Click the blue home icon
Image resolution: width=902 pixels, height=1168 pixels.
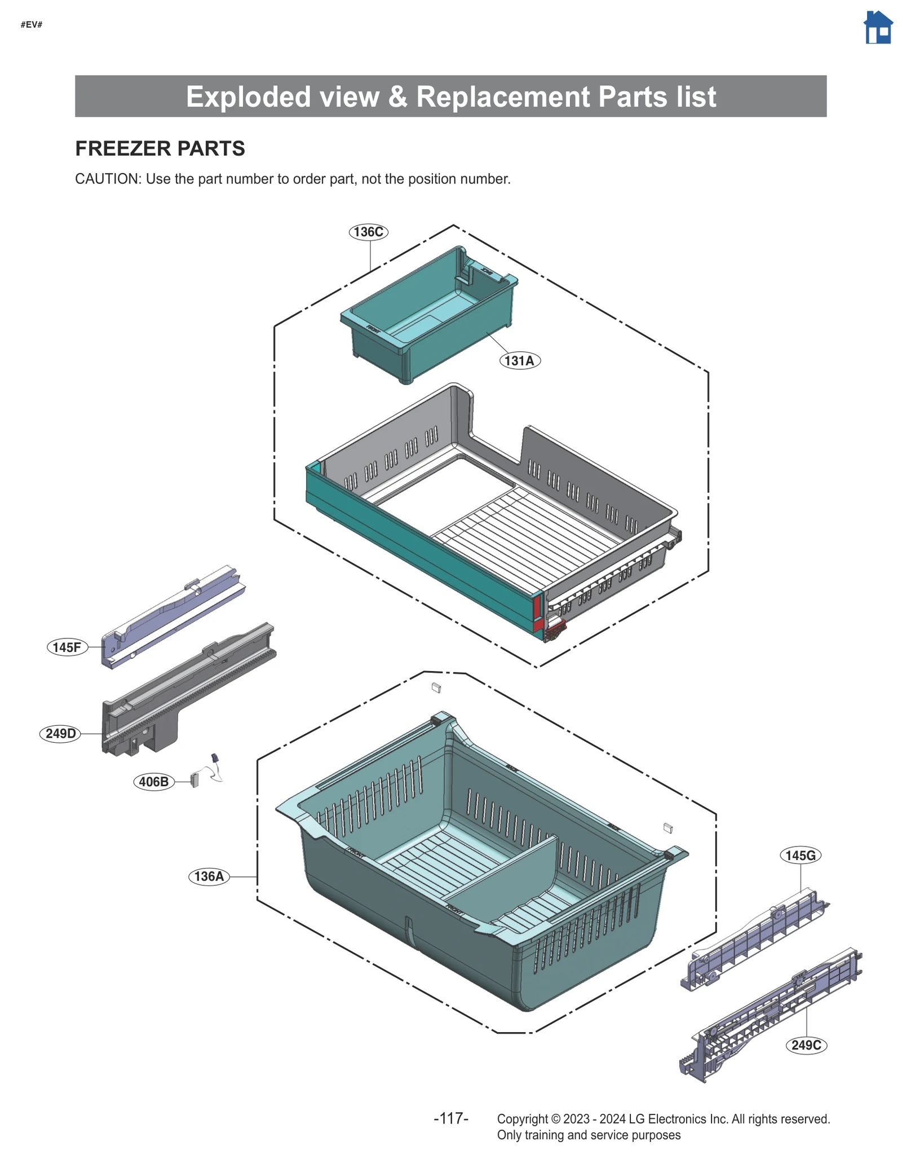[x=878, y=28]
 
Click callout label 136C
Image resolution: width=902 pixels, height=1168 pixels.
[x=368, y=232]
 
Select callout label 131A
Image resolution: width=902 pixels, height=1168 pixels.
[x=519, y=360]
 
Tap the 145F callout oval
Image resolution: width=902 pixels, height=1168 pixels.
[x=67, y=647]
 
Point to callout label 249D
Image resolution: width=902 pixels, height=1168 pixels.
[x=60, y=733]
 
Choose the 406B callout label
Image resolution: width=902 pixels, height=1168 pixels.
[x=153, y=782]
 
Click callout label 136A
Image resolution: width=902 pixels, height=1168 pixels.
[x=209, y=876]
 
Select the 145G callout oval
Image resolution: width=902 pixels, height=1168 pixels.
[x=800, y=856]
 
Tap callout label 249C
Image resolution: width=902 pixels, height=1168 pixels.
[x=806, y=1045]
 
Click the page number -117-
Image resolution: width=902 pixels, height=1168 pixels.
[x=450, y=1118]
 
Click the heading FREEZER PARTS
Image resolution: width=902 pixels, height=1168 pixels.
[x=160, y=148]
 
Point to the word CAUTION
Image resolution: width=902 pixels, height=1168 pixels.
[x=107, y=179]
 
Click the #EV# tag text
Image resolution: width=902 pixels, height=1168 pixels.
[x=32, y=25]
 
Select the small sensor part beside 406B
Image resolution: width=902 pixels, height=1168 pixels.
[x=195, y=780]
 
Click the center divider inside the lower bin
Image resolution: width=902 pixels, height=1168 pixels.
[x=507, y=869]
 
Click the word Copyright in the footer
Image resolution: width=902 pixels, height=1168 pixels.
[x=522, y=1119]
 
